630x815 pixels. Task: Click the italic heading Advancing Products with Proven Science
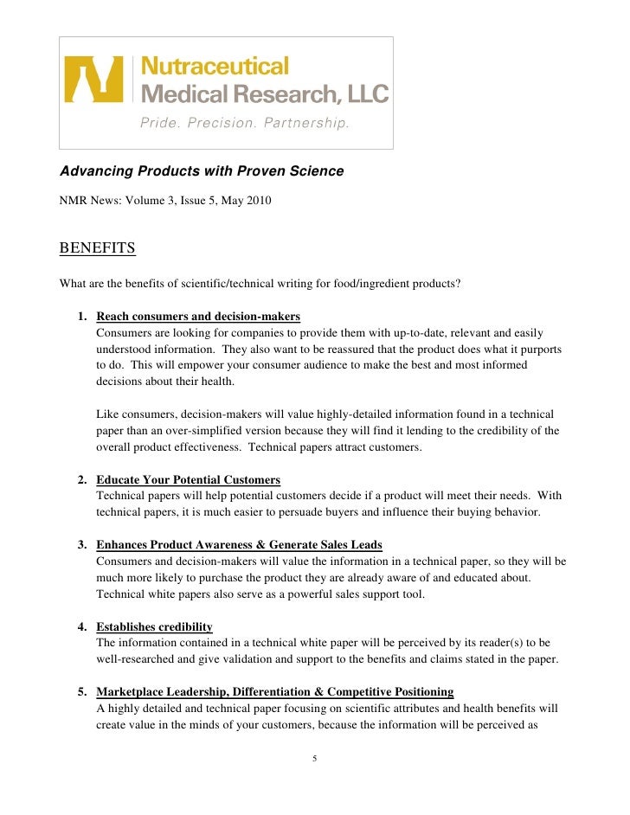202,171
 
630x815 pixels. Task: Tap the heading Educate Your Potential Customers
188,479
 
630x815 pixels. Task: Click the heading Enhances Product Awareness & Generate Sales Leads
239,544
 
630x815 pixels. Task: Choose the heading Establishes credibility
154,626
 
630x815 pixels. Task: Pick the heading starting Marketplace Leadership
274,692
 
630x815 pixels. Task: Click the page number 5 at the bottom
315,759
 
